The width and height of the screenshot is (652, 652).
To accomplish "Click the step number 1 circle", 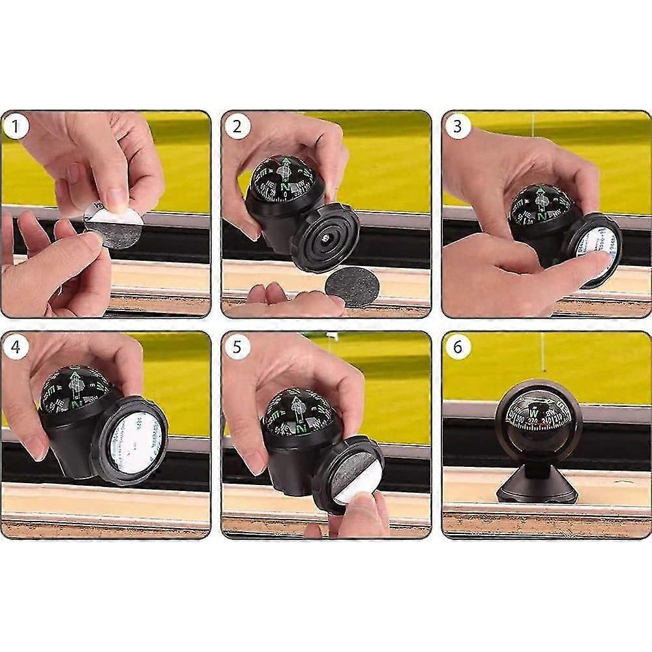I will tap(16, 126).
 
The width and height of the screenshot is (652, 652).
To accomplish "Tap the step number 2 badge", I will tap(237, 126).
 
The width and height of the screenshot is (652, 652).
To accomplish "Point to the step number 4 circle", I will tap(16, 347).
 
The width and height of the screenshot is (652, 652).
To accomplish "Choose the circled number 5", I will tap(237, 347).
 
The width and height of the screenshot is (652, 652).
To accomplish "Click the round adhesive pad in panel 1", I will tap(113, 224).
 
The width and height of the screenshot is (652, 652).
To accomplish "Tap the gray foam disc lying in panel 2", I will tap(352, 286).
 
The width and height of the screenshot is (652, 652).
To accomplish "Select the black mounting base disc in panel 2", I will tap(325, 237).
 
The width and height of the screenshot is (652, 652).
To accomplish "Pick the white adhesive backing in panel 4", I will tap(134, 443).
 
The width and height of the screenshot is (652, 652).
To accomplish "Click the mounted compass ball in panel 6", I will tap(538, 418).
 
